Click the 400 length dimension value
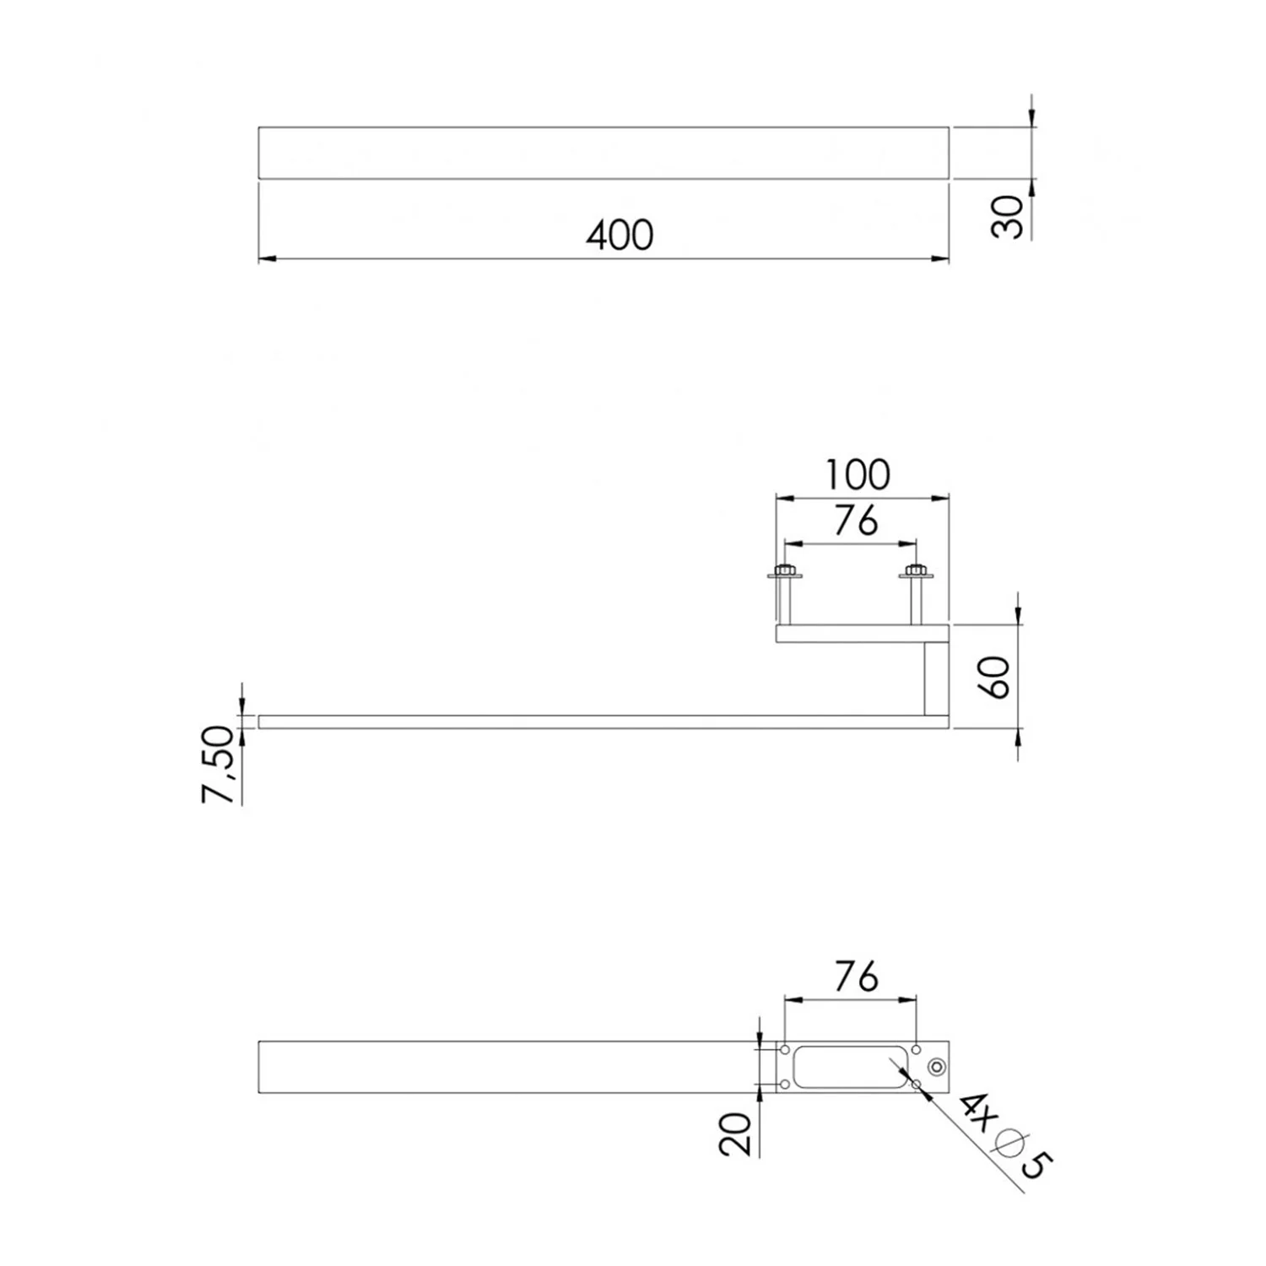620,235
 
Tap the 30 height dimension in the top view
1008,217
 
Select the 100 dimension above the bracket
857,475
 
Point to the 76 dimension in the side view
856,522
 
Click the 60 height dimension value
996,677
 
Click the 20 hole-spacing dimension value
736,1133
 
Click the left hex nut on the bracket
785,573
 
